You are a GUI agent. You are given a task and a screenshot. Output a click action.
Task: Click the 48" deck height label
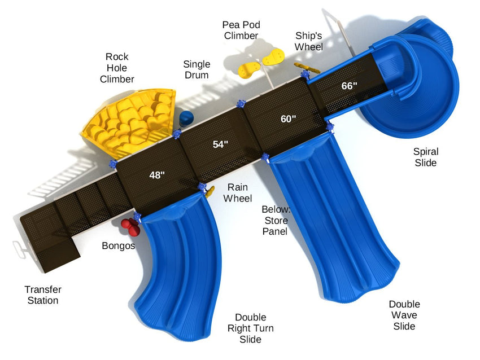tap(157, 175)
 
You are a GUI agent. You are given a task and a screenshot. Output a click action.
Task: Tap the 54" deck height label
tap(220, 144)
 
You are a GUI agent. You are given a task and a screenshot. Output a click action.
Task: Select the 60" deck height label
tap(289, 118)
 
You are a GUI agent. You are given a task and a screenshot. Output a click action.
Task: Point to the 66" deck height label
tap(350, 86)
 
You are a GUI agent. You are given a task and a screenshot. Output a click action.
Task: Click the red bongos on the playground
tap(130, 227)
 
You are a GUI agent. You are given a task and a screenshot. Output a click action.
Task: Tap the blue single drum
tap(186, 118)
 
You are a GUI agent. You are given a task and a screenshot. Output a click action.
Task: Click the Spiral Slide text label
tap(426, 157)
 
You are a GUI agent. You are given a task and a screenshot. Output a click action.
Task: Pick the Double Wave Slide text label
tap(404, 315)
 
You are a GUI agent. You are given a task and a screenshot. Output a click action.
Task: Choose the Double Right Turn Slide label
tap(250, 328)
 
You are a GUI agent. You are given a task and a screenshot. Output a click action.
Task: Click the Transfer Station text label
tap(43, 295)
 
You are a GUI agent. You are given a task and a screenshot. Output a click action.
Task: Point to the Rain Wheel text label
tap(238, 192)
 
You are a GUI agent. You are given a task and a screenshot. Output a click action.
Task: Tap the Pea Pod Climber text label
tap(241, 30)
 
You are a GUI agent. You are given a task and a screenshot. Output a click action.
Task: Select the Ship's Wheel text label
tap(308, 41)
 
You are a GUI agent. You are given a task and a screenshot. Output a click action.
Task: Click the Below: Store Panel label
tap(276, 220)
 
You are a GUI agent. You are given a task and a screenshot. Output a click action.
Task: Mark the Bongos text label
tap(118, 245)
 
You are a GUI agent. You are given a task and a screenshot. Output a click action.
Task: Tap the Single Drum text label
tap(197, 69)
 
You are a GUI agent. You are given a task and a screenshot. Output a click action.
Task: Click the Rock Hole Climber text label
tap(117, 68)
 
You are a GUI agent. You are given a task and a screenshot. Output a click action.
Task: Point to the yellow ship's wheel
tap(307, 68)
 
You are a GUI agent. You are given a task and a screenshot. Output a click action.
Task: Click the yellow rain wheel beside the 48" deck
tap(210, 191)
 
